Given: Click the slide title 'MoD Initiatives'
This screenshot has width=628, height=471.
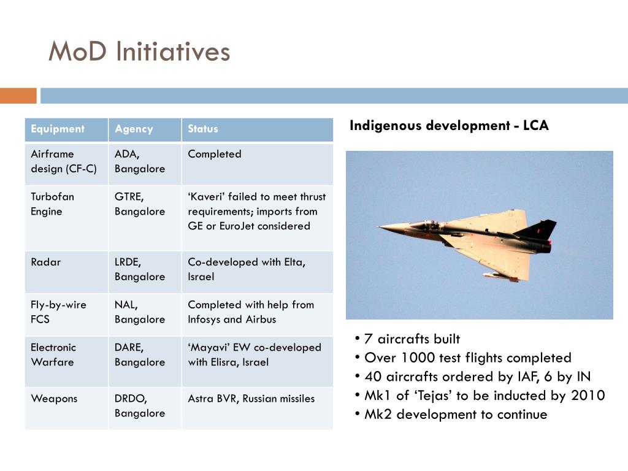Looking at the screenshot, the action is (x=139, y=52).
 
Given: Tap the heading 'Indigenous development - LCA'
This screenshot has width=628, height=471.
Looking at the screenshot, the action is (x=449, y=125).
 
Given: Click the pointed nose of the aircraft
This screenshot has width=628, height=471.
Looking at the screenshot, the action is (x=379, y=227).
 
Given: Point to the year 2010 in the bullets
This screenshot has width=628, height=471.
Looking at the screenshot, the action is (x=588, y=396).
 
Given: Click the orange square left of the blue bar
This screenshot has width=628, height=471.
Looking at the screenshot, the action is (x=18, y=96).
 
